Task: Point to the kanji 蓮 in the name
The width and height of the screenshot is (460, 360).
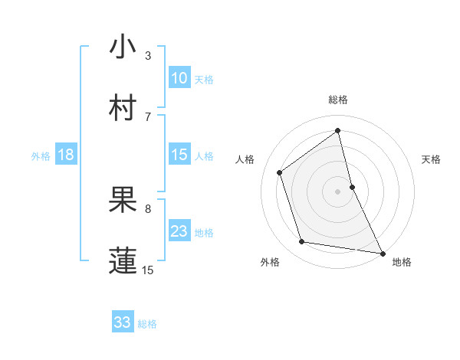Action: coord(123,260)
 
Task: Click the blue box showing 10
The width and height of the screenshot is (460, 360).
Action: coord(179,78)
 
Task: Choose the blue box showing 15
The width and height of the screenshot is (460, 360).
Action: coord(179,155)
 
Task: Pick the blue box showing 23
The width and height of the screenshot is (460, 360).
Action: coord(179,231)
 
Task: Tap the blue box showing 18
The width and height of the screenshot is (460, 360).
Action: coord(66,155)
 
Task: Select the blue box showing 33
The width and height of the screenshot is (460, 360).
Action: coord(123,322)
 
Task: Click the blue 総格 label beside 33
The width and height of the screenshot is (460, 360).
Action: coord(147,324)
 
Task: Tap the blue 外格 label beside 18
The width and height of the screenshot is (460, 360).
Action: coord(41,156)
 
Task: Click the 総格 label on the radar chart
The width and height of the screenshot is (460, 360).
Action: coord(338,100)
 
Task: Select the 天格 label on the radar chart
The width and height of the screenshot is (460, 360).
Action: coord(431,159)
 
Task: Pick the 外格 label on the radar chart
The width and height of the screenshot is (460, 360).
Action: coord(269,262)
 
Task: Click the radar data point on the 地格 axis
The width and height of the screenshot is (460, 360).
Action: coord(383,253)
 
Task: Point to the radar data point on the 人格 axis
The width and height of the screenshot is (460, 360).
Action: coord(280,172)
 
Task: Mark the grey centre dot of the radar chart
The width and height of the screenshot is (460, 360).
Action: coord(338,191)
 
